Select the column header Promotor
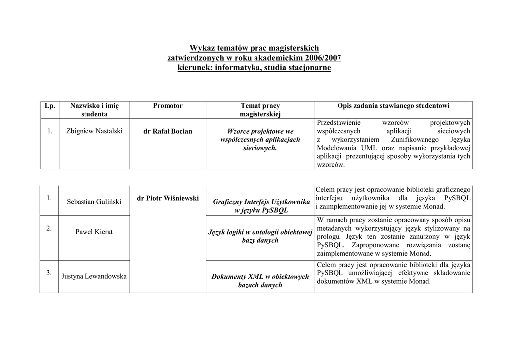[x=168, y=106]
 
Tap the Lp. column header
[x=49, y=106]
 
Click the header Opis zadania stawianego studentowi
[x=393, y=106]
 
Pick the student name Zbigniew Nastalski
[x=94, y=131]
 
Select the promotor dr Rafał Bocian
[x=168, y=131]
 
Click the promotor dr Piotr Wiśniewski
[x=168, y=198]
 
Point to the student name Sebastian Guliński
[x=94, y=202]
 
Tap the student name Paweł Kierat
[x=94, y=232]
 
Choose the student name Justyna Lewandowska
[x=94, y=276]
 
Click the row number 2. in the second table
[x=49, y=228]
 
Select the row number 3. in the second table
[x=49, y=273]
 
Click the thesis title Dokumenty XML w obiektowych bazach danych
[x=260, y=281]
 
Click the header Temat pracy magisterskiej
[x=260, y=110]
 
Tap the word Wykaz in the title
[x=201, y=48]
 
